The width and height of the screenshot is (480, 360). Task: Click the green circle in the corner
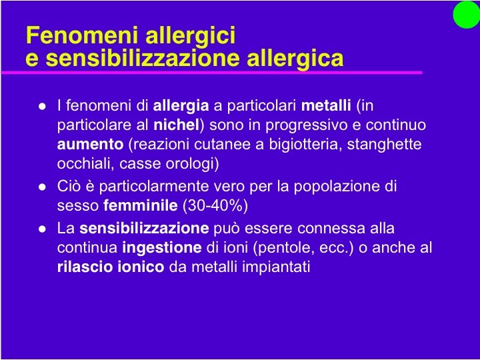point(466,15)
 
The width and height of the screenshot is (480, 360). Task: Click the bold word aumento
point(90,144)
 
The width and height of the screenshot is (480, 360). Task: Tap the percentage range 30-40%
point(215,205)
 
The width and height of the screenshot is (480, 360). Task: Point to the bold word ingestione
point(162,248)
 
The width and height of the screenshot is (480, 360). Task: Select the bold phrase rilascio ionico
point(111,267)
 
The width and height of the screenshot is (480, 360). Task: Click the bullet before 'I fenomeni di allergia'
point(41,106)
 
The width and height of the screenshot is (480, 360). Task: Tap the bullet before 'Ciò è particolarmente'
point(41,187)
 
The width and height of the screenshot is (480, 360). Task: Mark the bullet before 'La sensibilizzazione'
point(41,229)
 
